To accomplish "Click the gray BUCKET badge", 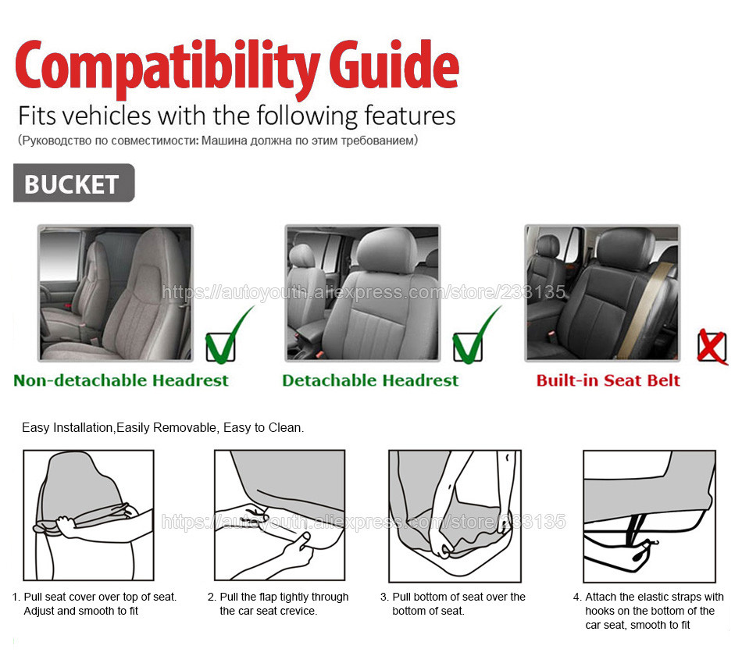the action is pos(74,183).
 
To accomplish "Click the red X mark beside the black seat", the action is pos(712,348).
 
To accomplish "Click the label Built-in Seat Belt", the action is pos(608,380).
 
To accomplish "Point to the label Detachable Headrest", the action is pos(370,380).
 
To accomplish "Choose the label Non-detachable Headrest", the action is pos(120,380).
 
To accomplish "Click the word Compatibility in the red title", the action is pos(167,68).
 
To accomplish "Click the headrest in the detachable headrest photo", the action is pos(386,251).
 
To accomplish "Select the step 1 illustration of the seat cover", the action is pos(88,515).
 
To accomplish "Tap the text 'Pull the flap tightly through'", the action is pos(284,597).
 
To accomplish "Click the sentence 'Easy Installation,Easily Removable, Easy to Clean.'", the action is pos(162,428).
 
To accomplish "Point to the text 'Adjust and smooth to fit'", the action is pos(81,611).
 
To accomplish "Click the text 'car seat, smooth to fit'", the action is pos(637,625).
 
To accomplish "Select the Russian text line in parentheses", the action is pos(218,141).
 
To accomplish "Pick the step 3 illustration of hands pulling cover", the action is pos(455,516).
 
